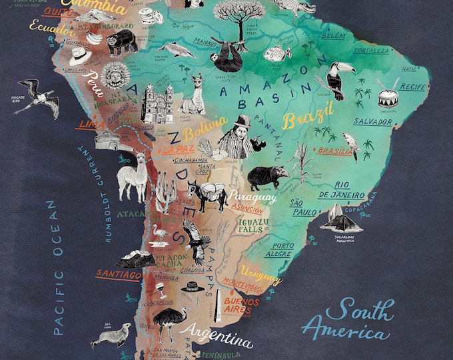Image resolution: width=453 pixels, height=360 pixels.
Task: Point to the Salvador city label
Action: pos(372,122)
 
